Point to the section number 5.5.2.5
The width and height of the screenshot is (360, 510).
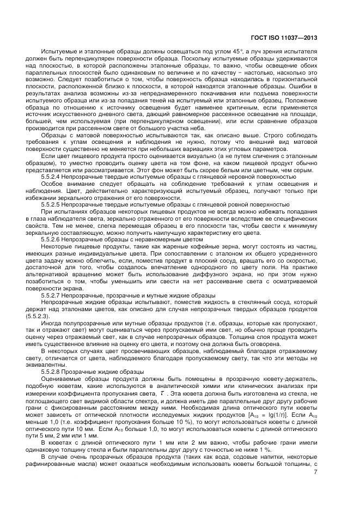click(x=54, y=204)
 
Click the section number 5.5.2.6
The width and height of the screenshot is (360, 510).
click(x=54, y=239)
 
